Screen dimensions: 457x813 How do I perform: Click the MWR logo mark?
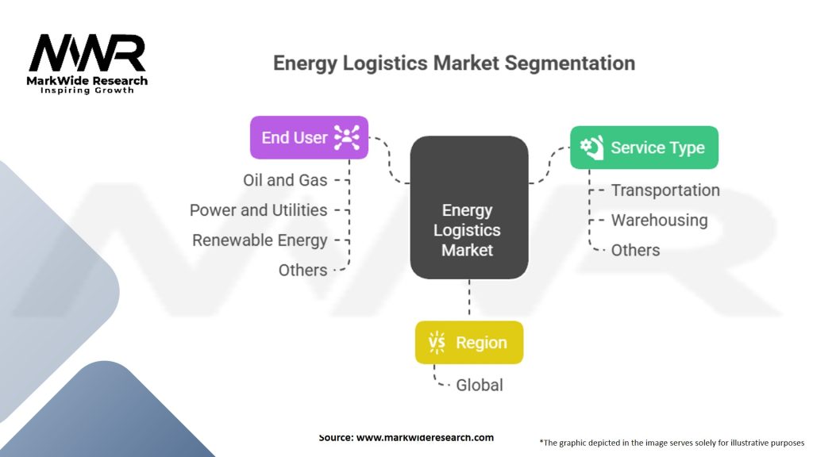tap(87, 54)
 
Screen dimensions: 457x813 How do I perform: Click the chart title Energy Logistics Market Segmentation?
tap(453, 63)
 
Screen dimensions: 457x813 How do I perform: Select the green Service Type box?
tap(644, 147)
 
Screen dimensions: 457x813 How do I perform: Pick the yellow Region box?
tap(468, 343)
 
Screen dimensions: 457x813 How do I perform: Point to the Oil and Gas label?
tap(285, 180)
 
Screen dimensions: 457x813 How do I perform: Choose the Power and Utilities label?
tap(258, 210)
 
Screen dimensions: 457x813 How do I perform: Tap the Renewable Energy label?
tap(260, 240)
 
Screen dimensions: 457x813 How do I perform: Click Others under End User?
tap(302, 270)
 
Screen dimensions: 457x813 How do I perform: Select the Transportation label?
tap(665, 190)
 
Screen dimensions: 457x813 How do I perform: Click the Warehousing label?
tap(659, 220)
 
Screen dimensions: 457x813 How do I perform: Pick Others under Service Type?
tap(635, 250)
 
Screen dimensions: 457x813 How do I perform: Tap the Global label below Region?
tap(479, 385)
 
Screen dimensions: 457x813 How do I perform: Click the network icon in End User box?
tap(347, 137)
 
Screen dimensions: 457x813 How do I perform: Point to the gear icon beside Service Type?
tap(591, 148)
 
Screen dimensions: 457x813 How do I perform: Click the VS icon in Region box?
tap(437, 343)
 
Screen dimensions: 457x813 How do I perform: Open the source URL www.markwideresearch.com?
tap(424, 437)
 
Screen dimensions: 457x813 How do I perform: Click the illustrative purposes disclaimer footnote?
tap(672, 442)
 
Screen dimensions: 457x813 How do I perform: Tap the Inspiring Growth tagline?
tap(87, 90)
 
